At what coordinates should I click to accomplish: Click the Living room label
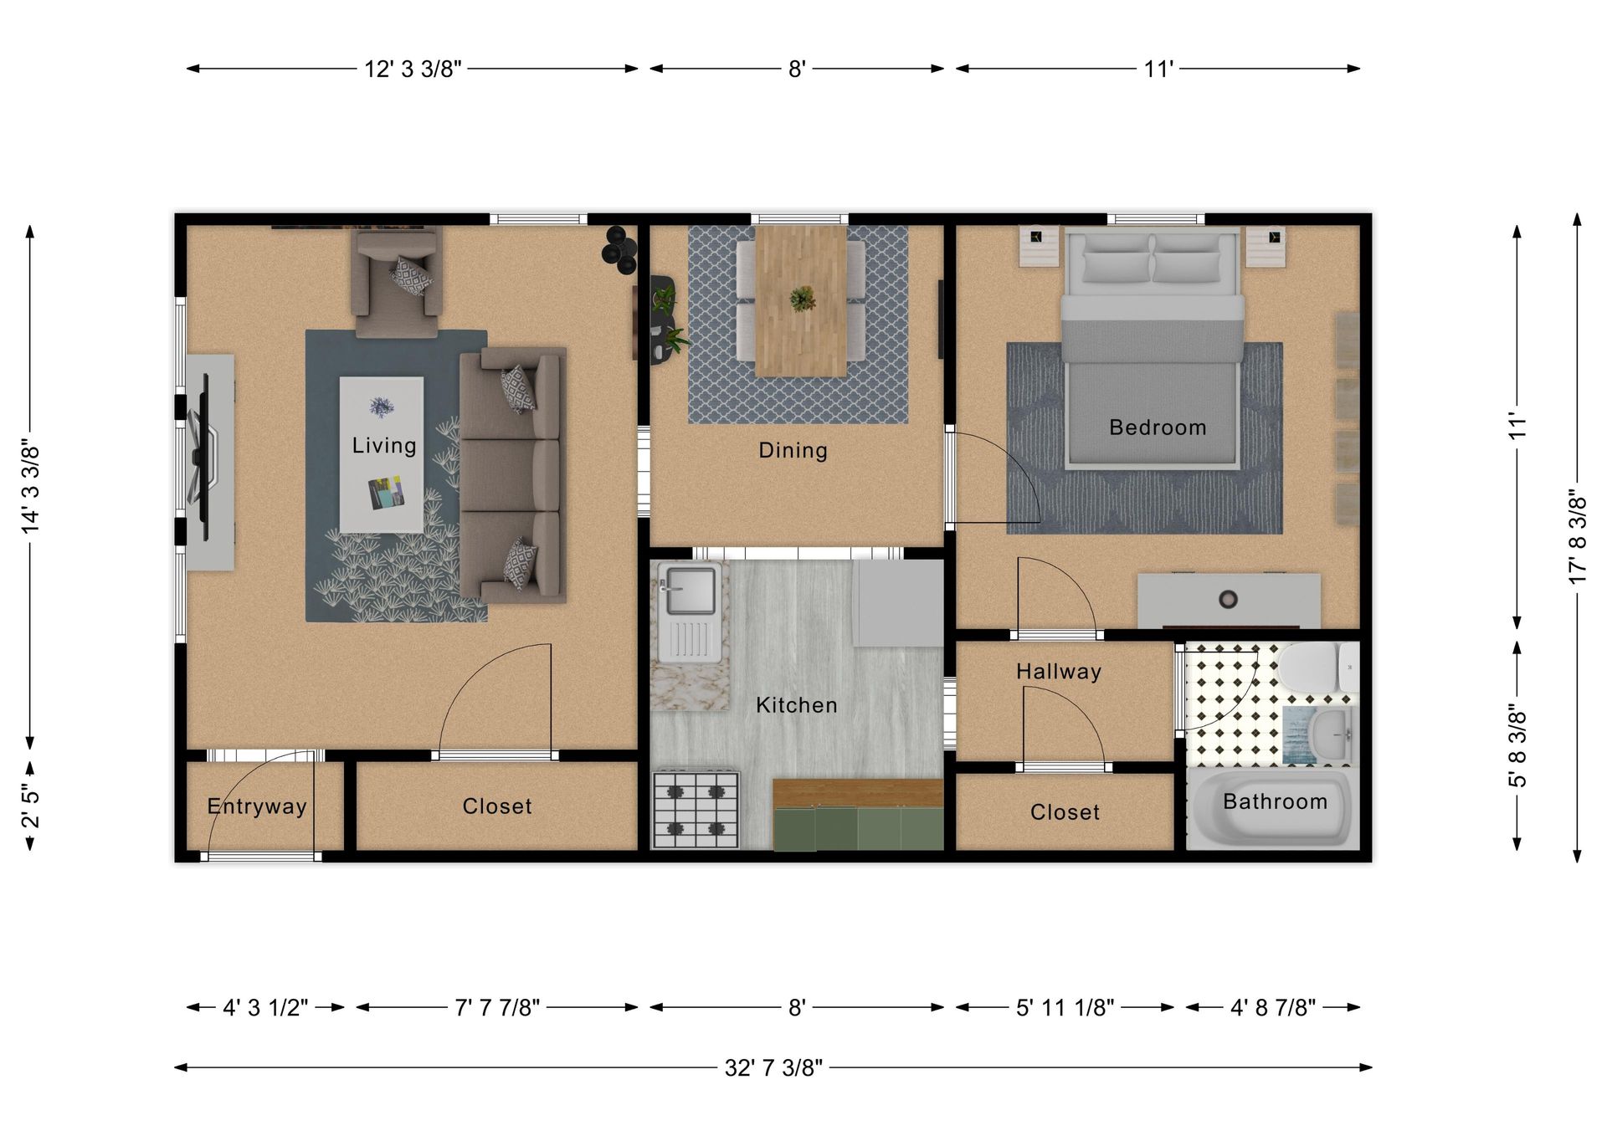(383, 445)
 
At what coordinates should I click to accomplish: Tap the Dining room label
(793, 450)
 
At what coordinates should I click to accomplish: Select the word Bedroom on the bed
(1157, 427)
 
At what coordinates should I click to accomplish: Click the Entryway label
(257, 806)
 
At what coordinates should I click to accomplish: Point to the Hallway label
(1059, 672)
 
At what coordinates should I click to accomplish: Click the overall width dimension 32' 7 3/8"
(773, 1068)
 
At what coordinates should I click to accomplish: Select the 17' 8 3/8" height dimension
(1578, 537)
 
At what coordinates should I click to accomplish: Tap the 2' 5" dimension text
(31, 806)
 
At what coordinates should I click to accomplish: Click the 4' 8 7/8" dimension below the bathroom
(1272, 1008)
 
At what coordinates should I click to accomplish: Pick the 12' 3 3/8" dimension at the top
(413, 69)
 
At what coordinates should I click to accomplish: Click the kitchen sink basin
(687, 590)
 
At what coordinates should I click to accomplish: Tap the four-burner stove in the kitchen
(696, 809)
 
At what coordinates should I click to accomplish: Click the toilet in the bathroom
(1314, 667)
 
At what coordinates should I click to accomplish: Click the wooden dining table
(801, 299)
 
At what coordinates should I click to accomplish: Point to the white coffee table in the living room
(381, 454)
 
